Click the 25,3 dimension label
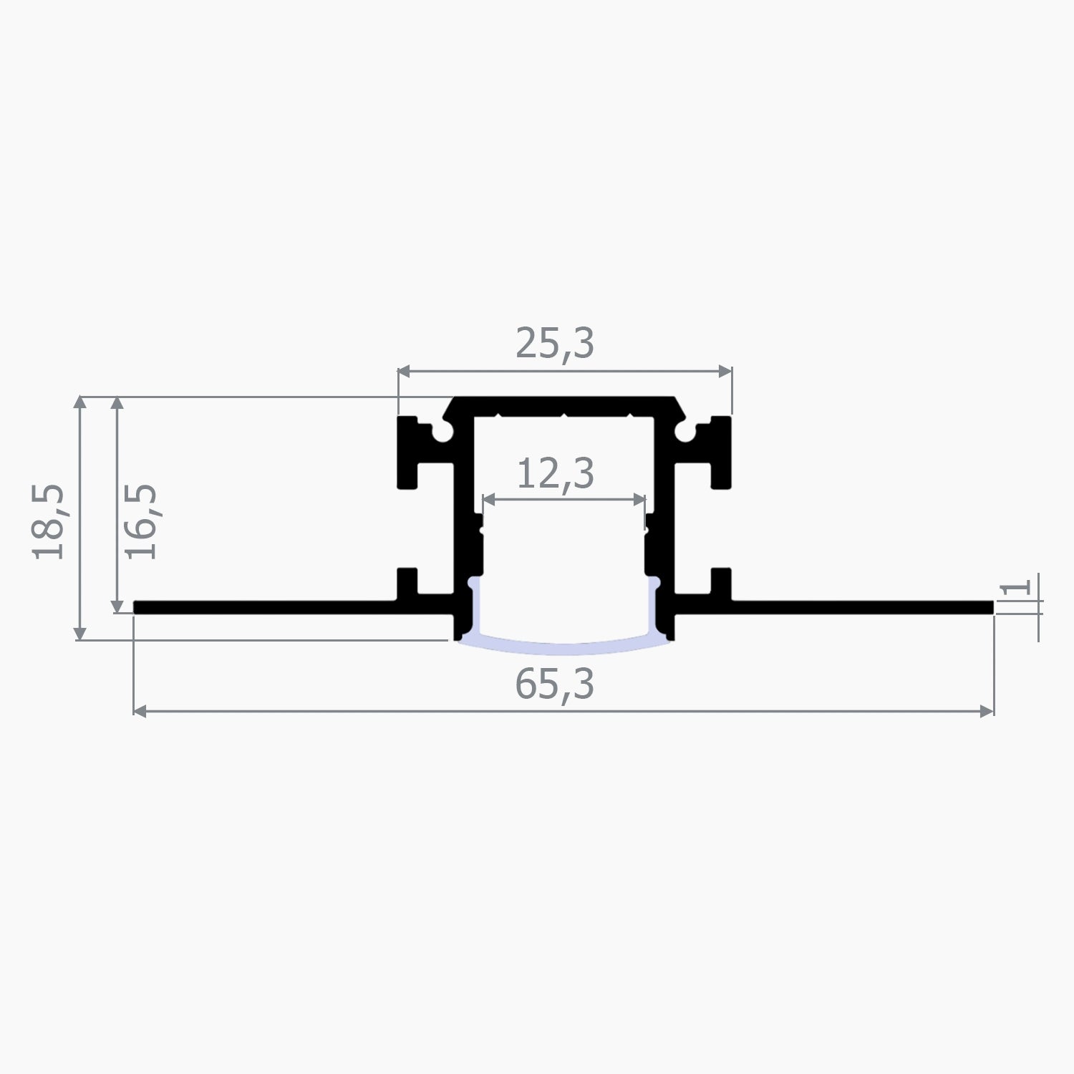[555, 344]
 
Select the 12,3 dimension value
[555, 474]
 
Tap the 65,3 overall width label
[555, 685]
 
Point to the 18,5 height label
[49, 522]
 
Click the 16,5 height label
[141, 522]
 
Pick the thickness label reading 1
[1016, 588]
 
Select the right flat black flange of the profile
[859, 608]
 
